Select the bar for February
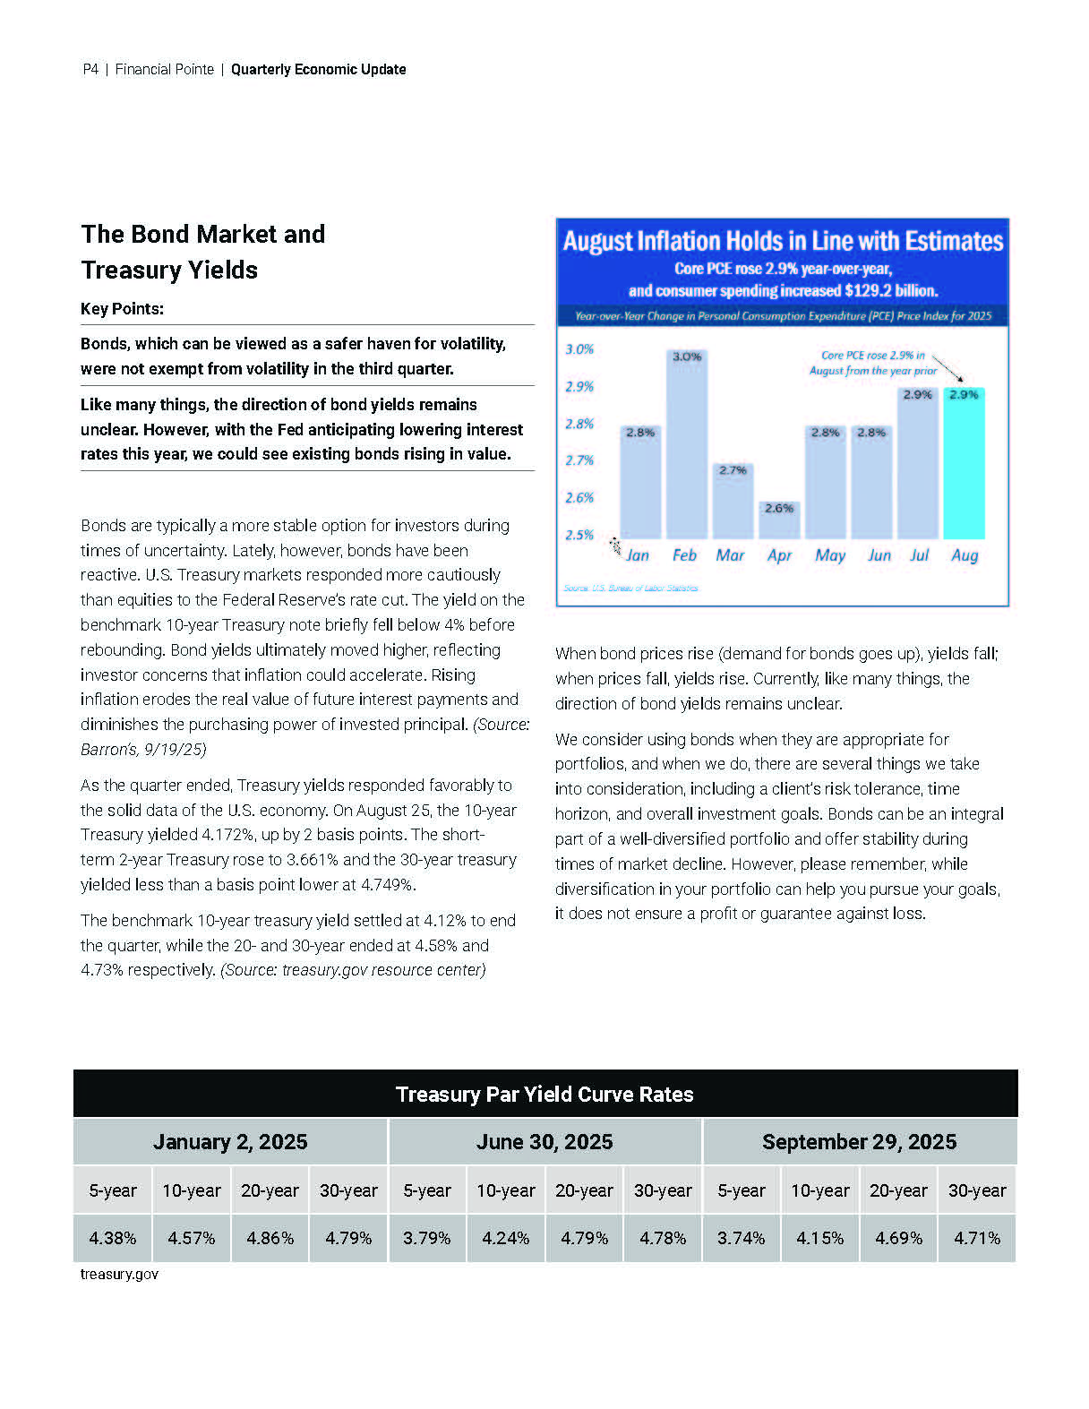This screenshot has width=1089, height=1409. point(686,444)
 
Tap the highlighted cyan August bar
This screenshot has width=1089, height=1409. point(965,463)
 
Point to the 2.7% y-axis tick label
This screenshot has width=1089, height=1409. point(579,460)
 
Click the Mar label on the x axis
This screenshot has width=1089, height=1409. point(730,555)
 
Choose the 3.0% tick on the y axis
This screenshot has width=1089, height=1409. point(579,349)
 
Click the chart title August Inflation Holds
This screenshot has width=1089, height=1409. point(783,241)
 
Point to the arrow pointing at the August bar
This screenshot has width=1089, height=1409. point(949,368)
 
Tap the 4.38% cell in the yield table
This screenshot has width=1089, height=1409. point(113,1238)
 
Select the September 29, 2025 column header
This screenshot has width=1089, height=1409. point(859,1142)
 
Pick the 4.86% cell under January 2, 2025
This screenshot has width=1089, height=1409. point(270,1238)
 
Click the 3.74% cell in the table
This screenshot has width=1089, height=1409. point(741,1238)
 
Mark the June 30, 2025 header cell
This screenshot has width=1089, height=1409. point(544,1142)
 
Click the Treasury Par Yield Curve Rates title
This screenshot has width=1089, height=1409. point(544,1094)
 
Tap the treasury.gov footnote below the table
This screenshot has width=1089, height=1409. point(119,1274)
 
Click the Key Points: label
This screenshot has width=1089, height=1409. point(122,309)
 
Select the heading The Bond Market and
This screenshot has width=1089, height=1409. point(203,235)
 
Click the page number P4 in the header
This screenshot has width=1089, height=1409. point(90,70)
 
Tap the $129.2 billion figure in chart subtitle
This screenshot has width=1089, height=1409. point(890,290)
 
